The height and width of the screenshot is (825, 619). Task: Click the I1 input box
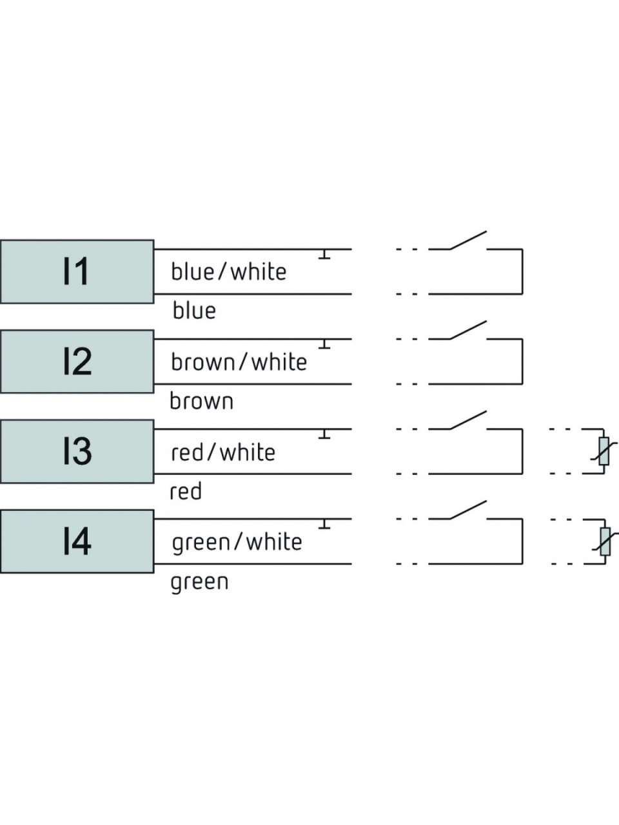point(77,271)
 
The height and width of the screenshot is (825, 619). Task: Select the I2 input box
point(77,362)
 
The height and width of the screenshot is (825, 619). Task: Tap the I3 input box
point(77,451)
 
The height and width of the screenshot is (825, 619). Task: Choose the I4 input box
point(77,541)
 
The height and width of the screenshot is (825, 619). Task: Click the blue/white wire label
point(228,271)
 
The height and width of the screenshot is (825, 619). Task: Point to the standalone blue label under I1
point(194,311)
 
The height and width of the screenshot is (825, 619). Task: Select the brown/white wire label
point(239,362)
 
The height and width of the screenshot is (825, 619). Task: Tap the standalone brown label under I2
point(201,401)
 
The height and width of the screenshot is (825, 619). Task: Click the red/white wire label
point(223,452)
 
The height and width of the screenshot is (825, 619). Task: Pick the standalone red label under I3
point(186,491)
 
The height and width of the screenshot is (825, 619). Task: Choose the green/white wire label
point(237,542)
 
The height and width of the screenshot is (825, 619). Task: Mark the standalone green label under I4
point(200,582)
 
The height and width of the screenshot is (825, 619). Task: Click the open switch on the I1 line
point(468,240)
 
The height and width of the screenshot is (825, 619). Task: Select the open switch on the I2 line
point(468,331)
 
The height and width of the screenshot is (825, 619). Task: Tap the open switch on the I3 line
point(468,420)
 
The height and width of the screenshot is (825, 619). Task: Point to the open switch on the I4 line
point(468,510)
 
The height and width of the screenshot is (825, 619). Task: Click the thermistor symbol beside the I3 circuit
point(604,451)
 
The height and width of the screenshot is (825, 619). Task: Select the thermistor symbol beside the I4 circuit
point(605,541)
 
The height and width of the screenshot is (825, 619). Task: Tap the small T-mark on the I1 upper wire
point(324,254)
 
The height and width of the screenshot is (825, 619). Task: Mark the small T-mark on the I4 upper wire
point(324,523)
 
